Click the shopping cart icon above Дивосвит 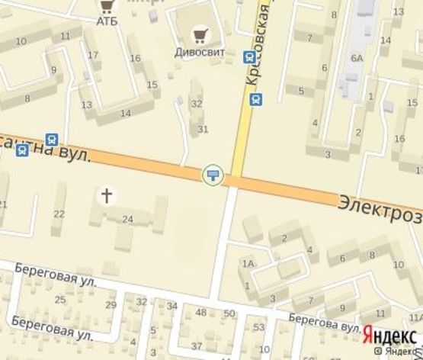[x=200, y=34]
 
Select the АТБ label [x=107, y=21]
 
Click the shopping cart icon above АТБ [x=105, y=5]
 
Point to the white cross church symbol [x=107, y=196]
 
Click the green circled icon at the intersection [x=213, y=176]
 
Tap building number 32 [x=197, y=104]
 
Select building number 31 [x=203, y=130]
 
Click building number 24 [x=127, y=220]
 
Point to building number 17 [x=93, y=55]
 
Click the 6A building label [x=357, y=58]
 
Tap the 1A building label [x=247, y=264]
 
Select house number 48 [x=201, y=313]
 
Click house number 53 [x=258, y=328]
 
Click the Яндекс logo [x=389, y=334]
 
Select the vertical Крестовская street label [x=260, y=42]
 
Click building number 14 [x=126, y=114]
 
